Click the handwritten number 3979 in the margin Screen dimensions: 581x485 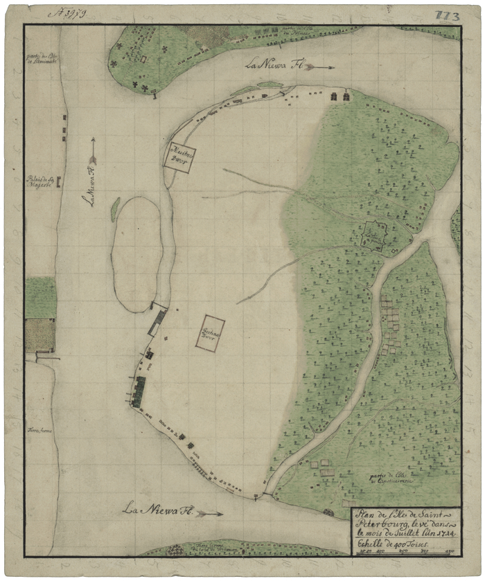68,14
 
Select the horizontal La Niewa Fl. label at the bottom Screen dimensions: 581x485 158,511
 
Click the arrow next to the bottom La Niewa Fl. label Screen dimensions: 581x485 210,514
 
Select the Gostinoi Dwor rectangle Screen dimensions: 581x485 211,334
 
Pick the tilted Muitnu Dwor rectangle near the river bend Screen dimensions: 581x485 180,156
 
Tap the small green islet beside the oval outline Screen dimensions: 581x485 115,209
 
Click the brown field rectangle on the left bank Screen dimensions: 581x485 40,335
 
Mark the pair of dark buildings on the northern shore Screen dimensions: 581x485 339,97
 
